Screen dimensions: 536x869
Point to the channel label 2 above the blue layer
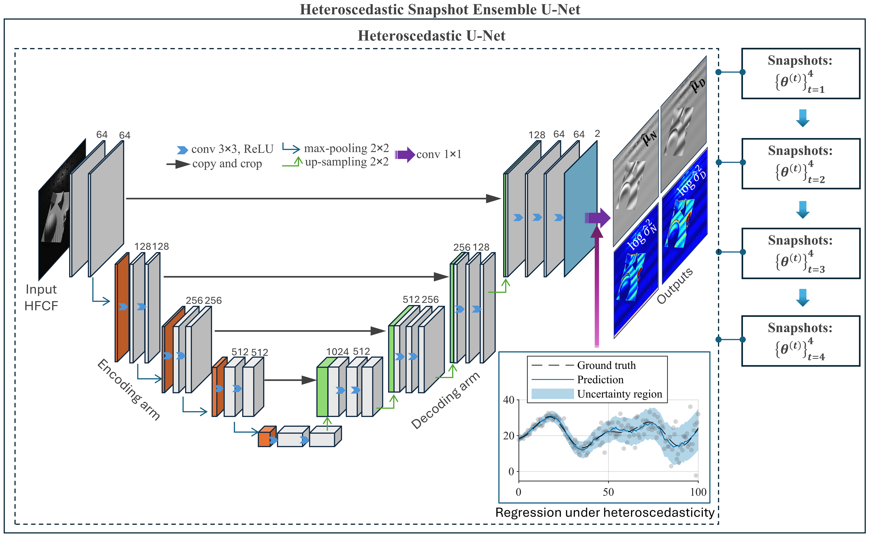[x=597, y=134]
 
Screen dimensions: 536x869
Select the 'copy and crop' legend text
[x=227, y=164]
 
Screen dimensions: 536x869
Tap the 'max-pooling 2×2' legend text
[x=346, y=148]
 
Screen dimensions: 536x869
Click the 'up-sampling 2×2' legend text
[x=347, y=162]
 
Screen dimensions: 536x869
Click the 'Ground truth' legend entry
[x=606, y=365]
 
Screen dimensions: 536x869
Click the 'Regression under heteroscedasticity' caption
[x=605, y=513]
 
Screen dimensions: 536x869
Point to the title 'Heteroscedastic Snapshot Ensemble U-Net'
[x=440, y=10]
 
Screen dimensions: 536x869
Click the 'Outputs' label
[x=674, y=286]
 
